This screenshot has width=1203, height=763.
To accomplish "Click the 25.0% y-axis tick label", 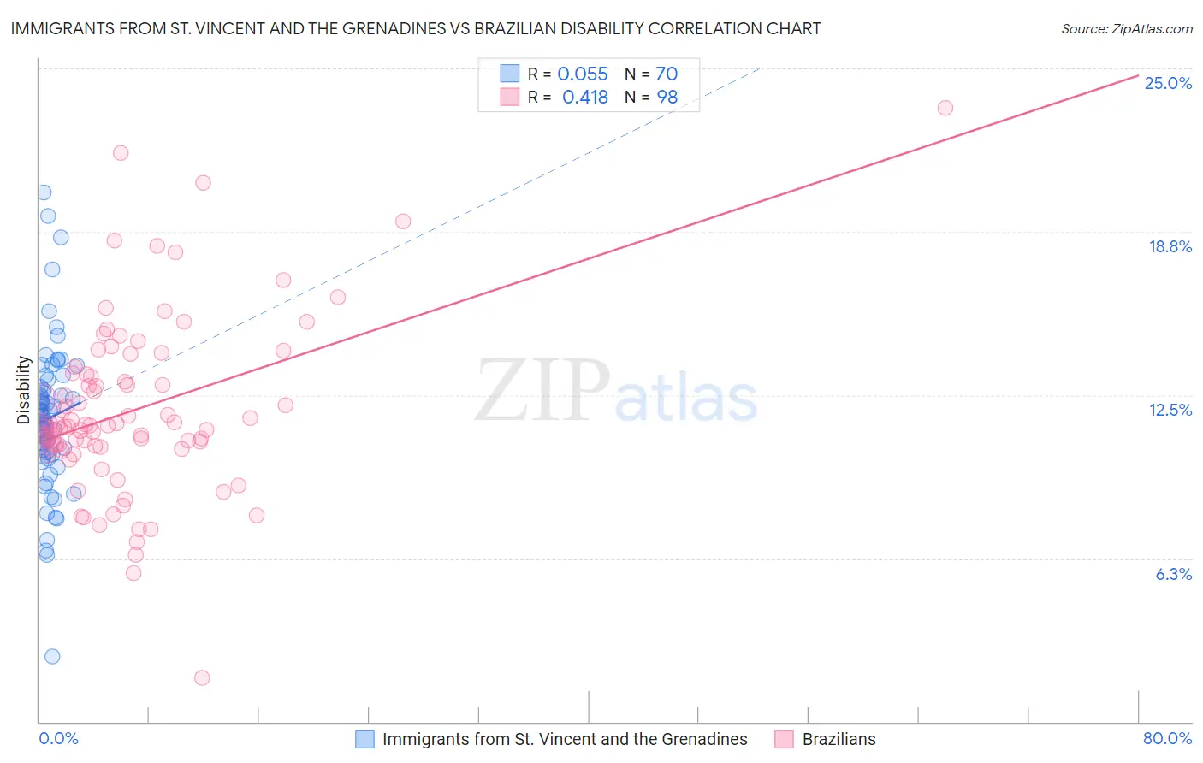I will [x=1168, y=83].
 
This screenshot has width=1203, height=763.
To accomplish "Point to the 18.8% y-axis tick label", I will [x=1170, y=246].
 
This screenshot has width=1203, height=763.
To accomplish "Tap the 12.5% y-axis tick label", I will [x=1170, y=410].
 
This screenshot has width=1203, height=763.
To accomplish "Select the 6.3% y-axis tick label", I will [x=1173, y=574].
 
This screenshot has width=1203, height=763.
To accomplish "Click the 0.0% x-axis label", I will [x=58, y=738].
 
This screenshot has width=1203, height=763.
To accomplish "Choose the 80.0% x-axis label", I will [x=1167, y=738].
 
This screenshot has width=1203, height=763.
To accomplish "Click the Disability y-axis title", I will [x=24, y=390].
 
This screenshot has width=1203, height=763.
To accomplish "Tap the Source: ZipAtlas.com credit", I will [x=1126, y=29].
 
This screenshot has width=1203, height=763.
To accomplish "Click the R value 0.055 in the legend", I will [x=582, y=74].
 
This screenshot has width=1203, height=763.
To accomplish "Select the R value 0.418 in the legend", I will [x=584, y=98].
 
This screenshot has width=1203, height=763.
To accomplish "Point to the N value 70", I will [x=666, y=74].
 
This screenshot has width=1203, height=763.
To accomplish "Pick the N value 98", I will [x=667, y=98].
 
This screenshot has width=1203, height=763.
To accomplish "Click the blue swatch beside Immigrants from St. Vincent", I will [x=364, y=739].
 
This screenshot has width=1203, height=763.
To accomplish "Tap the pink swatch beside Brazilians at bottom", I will [x=784, y=739].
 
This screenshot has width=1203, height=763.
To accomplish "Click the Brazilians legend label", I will [x=839, y=739].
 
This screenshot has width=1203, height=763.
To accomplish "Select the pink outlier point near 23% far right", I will [x=945, y=108].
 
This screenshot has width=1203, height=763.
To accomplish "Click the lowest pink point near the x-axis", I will [x=202, y=677].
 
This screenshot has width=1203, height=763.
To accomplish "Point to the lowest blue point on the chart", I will [x=52, y=656].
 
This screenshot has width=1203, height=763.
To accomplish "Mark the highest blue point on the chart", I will [x=44, y=192].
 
